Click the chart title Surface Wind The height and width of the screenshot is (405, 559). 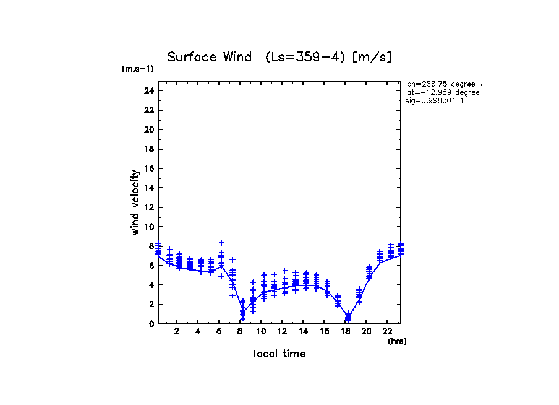coord(210,58)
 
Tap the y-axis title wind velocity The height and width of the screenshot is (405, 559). coord(135,202)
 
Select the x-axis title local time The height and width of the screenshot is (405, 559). coord(279,354)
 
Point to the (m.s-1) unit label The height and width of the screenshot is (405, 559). coord(138,69)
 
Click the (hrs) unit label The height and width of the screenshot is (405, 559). coord(397,341)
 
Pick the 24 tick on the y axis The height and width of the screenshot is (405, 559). coord(148,90)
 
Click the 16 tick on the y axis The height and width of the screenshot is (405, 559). coord(148,168)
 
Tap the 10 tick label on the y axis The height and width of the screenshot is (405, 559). coord(148,227)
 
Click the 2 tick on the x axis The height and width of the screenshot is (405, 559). coord(177,331)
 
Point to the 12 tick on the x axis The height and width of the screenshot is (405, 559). coord(283,331)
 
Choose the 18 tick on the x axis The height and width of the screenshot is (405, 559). coord(345,331)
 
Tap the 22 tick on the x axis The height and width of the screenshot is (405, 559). coord(387,331)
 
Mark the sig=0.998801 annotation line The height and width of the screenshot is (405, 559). coord(434,100)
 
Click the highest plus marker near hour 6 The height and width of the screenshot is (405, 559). coord(221,243)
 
